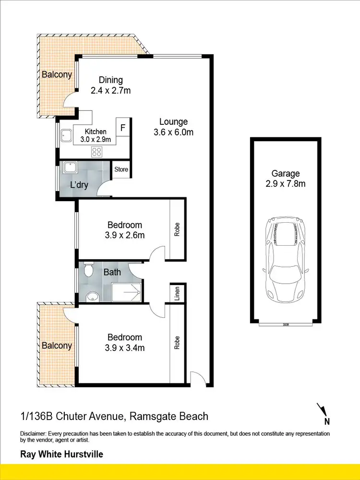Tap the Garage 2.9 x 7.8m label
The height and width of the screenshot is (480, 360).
pos(286,178)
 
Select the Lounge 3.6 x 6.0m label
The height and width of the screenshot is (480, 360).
pos(173,127)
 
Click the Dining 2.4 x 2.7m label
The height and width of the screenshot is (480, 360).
pos(111,85)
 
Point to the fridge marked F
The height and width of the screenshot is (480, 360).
pos(123,128)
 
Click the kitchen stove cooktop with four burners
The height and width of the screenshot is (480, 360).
pos(97,152)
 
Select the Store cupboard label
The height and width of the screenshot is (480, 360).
pos(121,169)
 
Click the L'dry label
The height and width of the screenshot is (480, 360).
pos(79,185)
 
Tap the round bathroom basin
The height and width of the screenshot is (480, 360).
pos(92,295)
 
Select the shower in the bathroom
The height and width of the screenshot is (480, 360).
pos(126,291)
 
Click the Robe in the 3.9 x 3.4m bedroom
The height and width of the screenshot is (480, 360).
pos(177,342)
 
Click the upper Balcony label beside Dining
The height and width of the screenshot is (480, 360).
pos(57,74)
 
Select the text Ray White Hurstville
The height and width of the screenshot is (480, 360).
pos(61,454)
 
